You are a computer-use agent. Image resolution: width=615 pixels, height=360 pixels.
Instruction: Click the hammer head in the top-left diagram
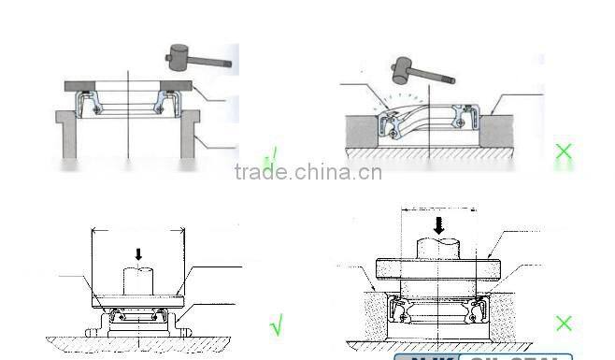(178, 57)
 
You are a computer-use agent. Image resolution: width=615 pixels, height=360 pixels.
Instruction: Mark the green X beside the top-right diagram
(564, 151)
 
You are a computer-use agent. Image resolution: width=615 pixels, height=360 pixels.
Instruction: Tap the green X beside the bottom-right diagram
(564, 324)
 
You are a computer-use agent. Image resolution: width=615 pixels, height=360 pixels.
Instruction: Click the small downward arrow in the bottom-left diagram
(139, 253)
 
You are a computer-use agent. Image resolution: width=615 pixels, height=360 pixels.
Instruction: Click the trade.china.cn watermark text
(307, 172)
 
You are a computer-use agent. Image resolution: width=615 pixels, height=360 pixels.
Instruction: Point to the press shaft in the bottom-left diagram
(139, 280)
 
